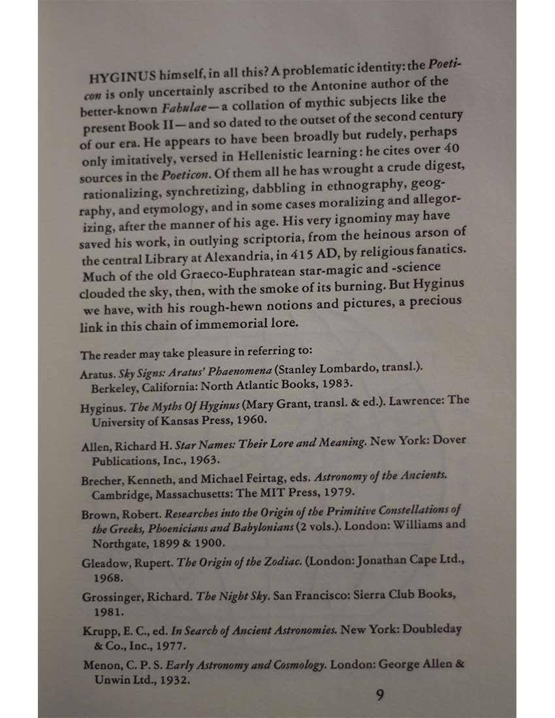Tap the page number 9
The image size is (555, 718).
pyautogui.click(x=379, y=695)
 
